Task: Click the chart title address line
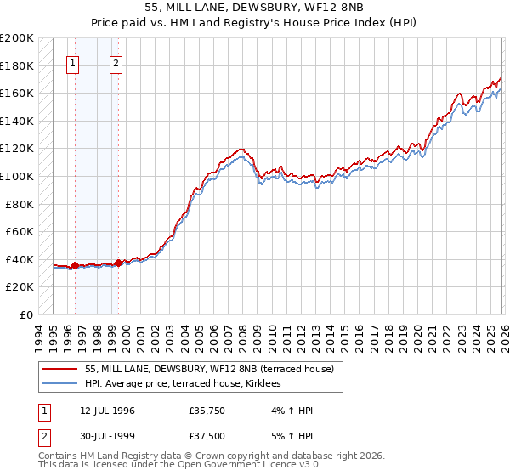click(x=254, y=9)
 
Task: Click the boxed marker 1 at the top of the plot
click(x=73, y=62)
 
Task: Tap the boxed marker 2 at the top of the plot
click(x=116, y=62)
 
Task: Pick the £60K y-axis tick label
click(x=20, y=231)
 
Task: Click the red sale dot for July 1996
click(x=75, y=265)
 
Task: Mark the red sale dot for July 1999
click(x=118, y=263)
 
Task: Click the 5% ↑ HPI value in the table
click(x=291, y=440)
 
